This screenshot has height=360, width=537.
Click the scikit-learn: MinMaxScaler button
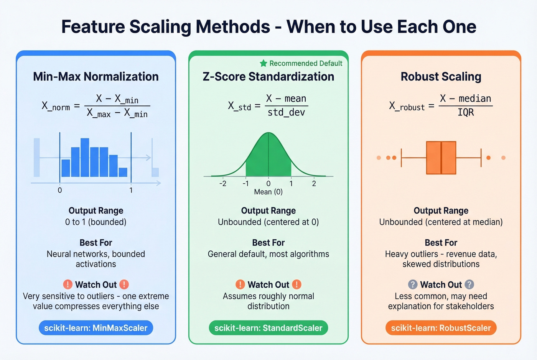(x=96, y=328)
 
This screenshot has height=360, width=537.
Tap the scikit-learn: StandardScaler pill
(x=268, y=328)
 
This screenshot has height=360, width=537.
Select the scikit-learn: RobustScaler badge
(x=441, y=328)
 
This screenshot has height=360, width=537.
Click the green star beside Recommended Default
(x=264, y=63)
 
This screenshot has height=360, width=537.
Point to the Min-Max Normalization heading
(x=96, y=76)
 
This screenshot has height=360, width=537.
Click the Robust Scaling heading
(x=441, y=76)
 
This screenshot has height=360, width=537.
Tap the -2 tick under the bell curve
(x=223, y=184)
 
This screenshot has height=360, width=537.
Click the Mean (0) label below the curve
(x=268, y=192)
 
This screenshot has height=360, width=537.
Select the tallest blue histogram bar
(x=85, y=157)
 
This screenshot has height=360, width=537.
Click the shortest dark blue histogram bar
(x=123, y=172)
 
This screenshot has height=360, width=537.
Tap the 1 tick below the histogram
(x=131, y=190)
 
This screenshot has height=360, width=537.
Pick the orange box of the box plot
(x=441, y=158)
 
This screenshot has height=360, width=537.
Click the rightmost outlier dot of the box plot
(x=504, y=158)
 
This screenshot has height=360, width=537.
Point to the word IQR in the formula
(x=466, y=112)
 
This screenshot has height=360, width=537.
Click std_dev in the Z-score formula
(x=286, y=112)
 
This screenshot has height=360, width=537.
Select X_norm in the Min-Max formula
(x=56, y=106)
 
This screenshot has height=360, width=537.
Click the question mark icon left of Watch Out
(x=413, y=284)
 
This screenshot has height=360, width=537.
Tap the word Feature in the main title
(x=93, y=27)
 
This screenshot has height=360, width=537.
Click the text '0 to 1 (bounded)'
(x=96, y=222)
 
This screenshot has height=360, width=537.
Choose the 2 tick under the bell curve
(x=314, y=184)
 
